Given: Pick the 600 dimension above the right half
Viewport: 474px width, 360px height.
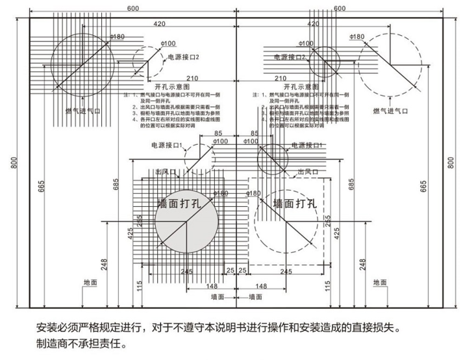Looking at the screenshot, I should coord(339,8).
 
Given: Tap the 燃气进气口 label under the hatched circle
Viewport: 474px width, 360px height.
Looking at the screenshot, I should coord(83,111).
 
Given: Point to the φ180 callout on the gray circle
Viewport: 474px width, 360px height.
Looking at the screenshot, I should coord(220,193).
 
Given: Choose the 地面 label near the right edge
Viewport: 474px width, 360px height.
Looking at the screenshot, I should coord(380,282).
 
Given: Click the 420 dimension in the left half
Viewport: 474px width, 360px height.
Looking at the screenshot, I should coord(159,24).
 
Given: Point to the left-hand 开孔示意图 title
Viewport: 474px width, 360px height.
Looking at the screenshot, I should coord(171,86).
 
